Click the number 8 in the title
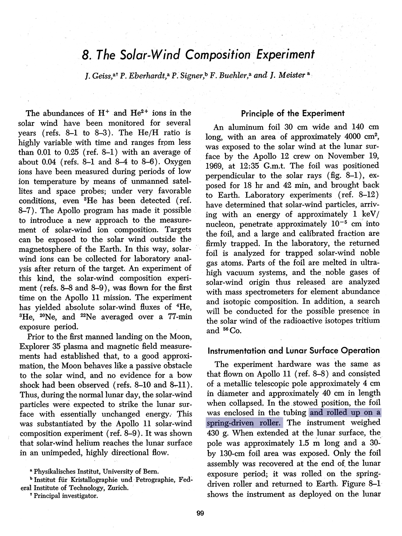85,55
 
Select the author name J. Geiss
99,76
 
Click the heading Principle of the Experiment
293,113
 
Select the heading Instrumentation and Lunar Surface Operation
293,351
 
